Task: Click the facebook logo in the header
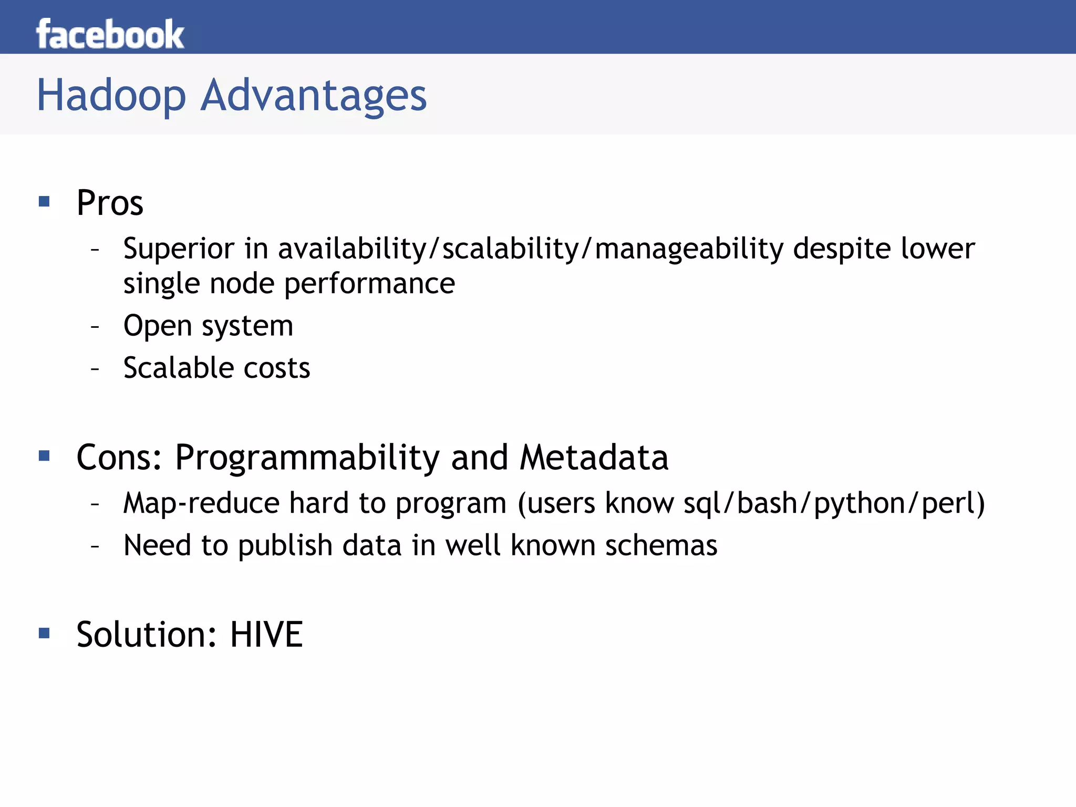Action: coord(110,35)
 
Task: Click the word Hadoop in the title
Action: coord(111,96)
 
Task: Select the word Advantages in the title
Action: coord(314,96)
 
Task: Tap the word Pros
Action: coord(110,203)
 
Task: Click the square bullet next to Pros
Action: coord(44,201)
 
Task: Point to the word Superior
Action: coord(179,249)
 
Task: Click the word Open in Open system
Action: coord(157,326)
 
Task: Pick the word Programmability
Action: coord(307,458)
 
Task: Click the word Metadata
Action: coord(594,458)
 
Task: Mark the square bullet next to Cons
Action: coord(44,456)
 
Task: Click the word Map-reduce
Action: coord(201,503)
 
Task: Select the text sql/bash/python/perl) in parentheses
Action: coord(834,503)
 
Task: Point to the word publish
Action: coord(285,546)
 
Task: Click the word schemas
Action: coord(661,545)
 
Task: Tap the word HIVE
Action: coord(266,635)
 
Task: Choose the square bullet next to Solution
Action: coord(44,633)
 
